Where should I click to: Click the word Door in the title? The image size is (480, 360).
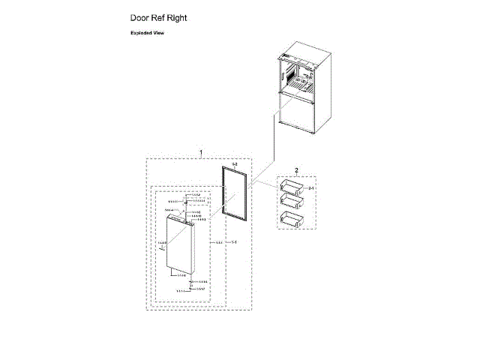142,16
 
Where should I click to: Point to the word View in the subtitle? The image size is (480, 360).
157,34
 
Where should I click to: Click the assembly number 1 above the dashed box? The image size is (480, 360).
200,153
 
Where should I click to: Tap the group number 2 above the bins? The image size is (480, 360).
296,170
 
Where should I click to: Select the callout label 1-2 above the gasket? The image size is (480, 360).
234,163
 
